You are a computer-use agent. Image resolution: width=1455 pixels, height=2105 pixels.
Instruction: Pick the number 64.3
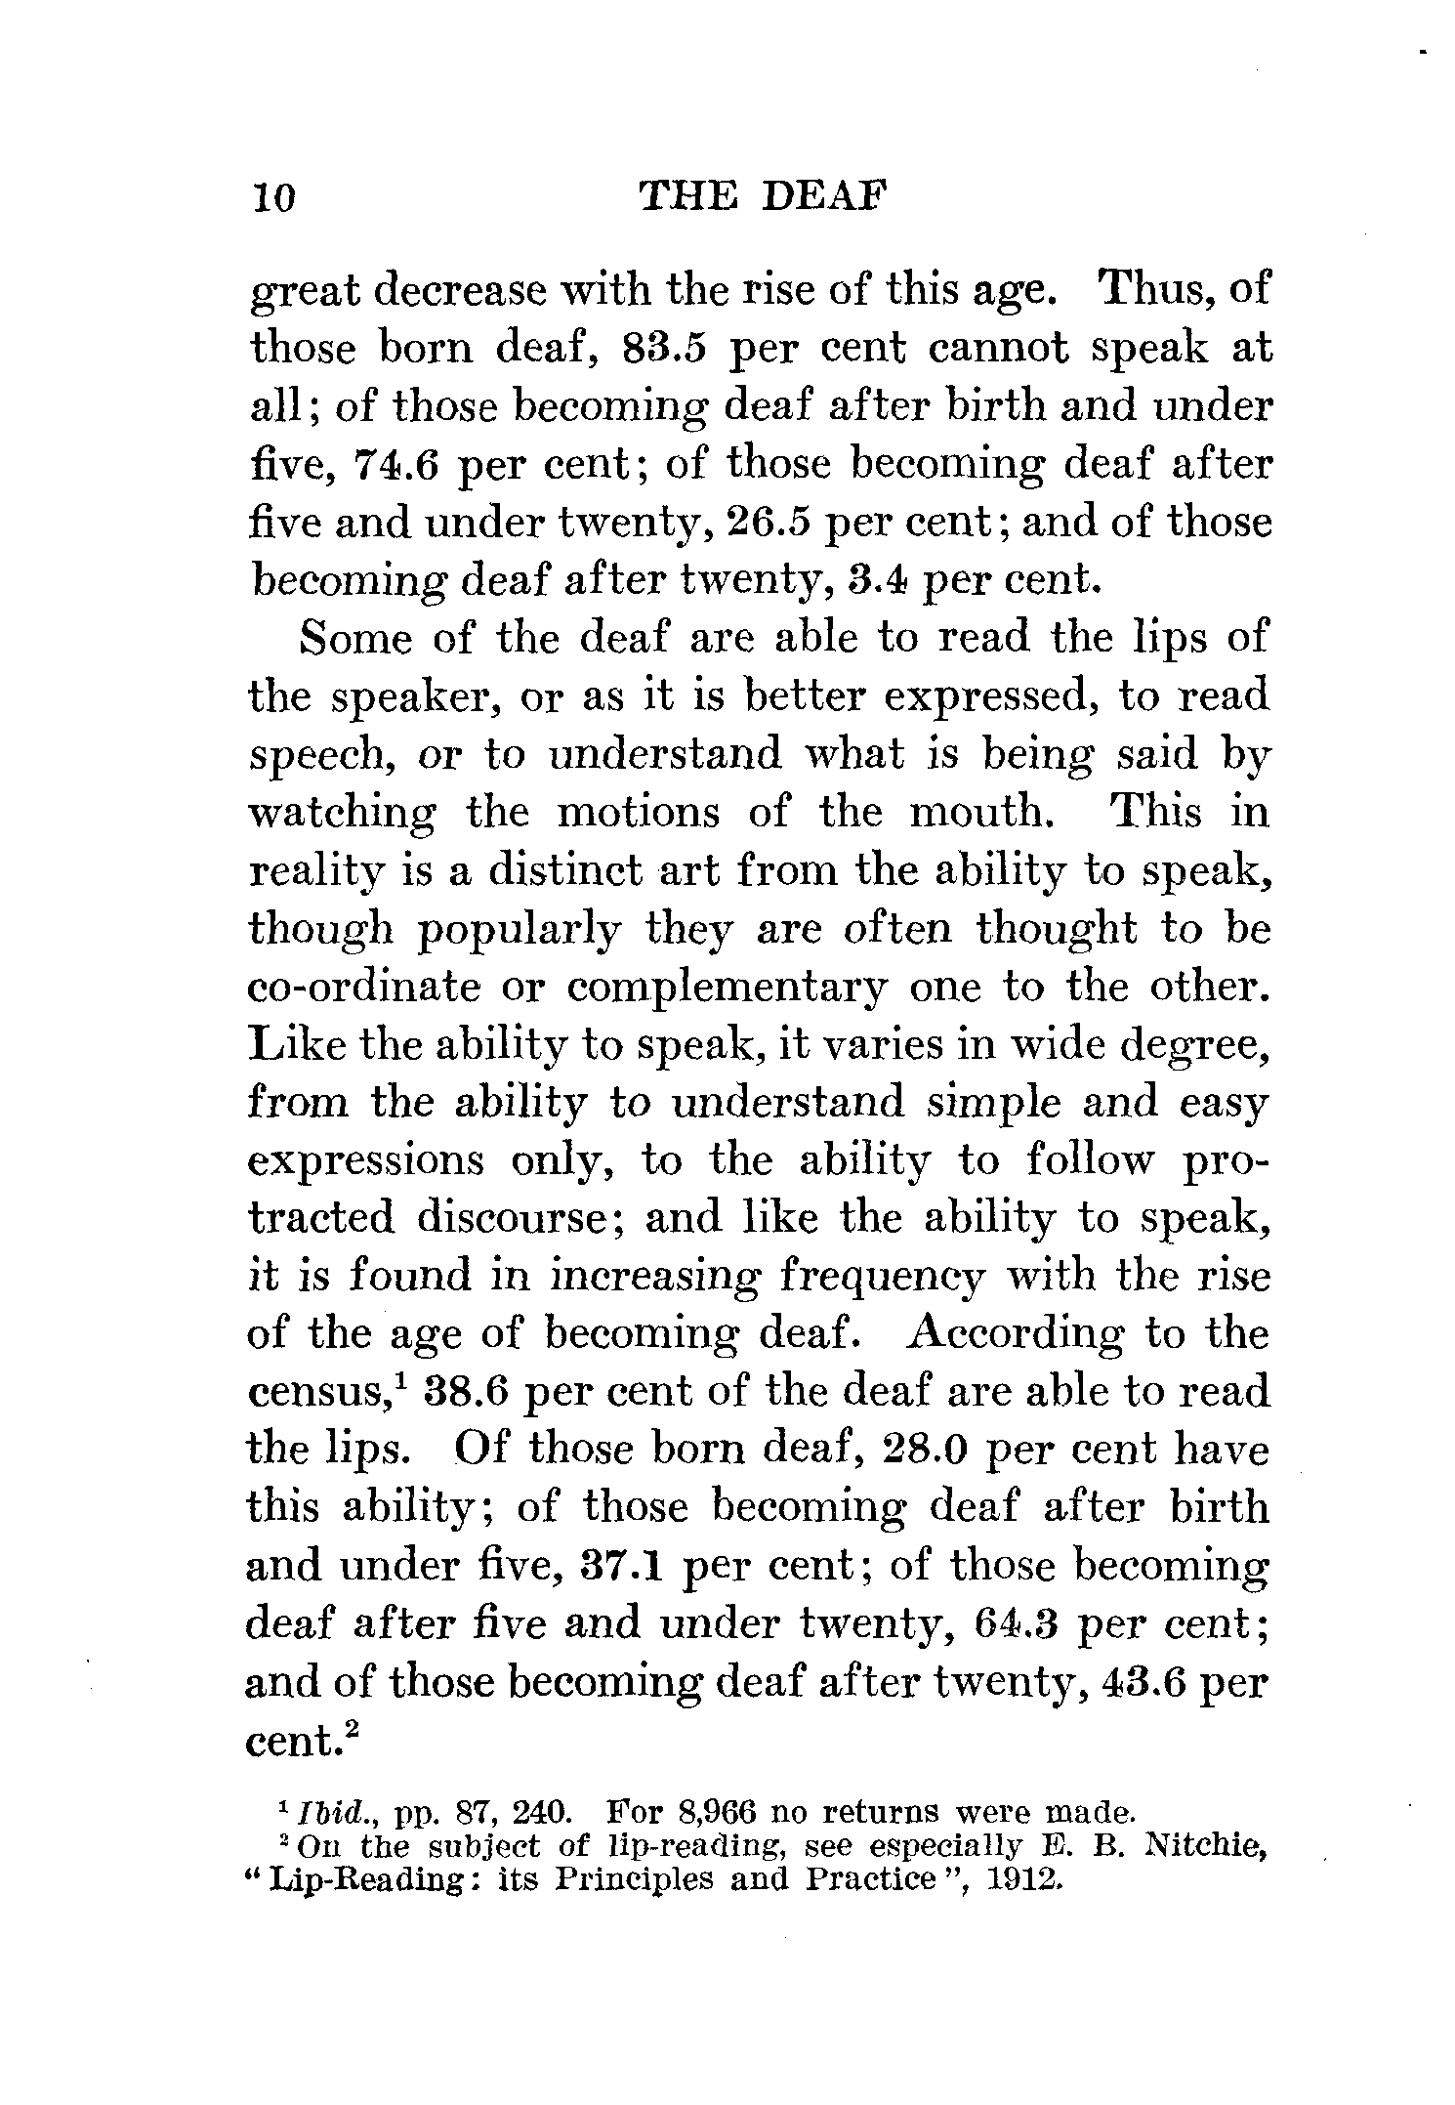(x=1018, y=1624)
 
